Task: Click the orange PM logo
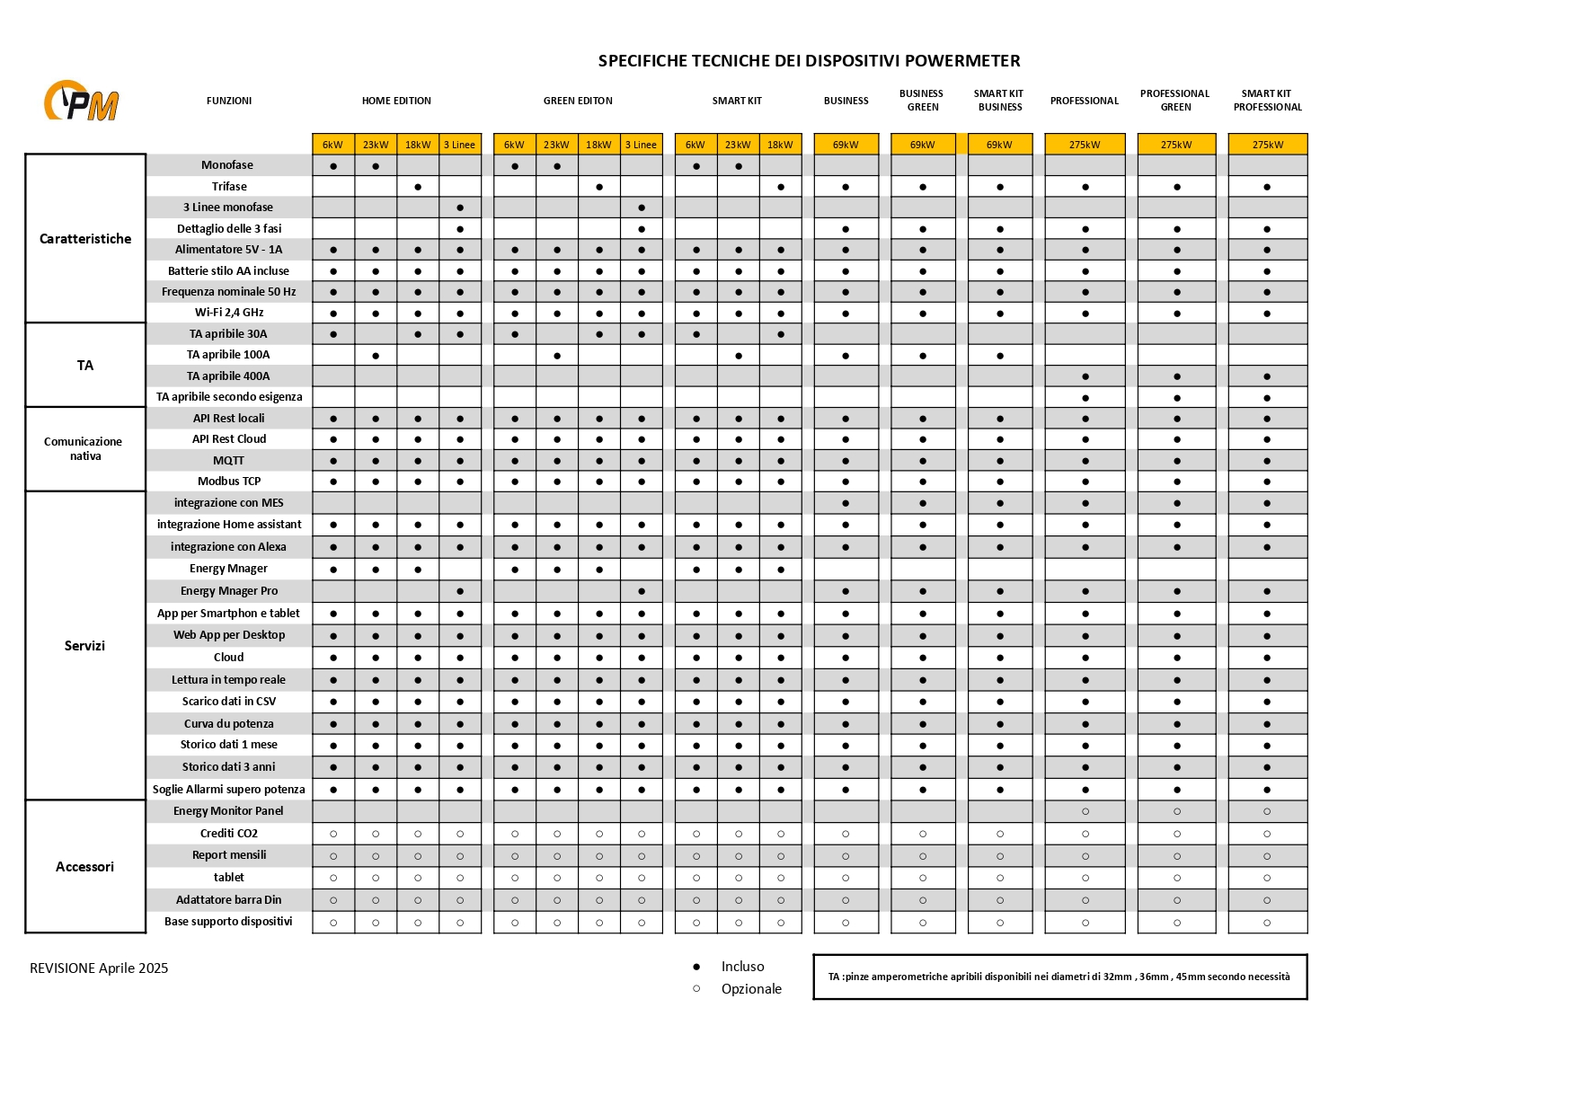coord(82,101)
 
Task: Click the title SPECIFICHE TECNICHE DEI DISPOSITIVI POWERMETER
coord(809,61)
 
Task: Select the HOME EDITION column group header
coord(396,102)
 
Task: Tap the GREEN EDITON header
coord(578,102)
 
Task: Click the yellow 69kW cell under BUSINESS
coord(846,145)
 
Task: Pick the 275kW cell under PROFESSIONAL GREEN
coord(1175,145)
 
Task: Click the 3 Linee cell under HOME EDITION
coord(459,145)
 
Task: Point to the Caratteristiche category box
coord(85,239)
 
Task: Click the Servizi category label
coord(84,646)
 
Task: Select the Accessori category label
coord(84,867)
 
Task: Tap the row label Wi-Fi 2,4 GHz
coord(229,313)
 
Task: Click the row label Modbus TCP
coord(229,482)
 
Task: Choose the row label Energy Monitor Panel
coord(228,811)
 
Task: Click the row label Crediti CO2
coord(229,834)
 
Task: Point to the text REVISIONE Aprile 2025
coord(99,968)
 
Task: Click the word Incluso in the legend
coord(742,967)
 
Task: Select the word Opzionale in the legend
coord(751,989)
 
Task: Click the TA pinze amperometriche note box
coord(1059,977)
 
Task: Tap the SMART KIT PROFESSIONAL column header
coord(1267,101)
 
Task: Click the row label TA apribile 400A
coord(228,376)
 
